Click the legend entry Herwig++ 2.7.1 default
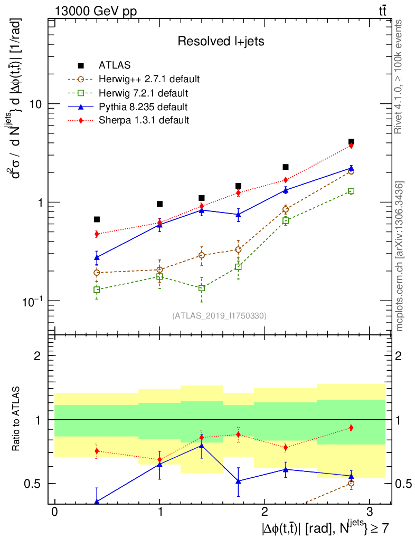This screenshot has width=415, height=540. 149,80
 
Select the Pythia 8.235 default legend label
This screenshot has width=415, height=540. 143,107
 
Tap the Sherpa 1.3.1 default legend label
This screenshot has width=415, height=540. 144,120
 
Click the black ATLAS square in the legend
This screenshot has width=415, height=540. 81,66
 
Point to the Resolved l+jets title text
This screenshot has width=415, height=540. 221,41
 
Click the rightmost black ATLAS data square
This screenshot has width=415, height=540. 351,142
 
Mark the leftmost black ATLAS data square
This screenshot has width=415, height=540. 97,219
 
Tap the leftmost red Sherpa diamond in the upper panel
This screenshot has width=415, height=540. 97,234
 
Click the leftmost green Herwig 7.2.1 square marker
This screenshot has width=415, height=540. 97,290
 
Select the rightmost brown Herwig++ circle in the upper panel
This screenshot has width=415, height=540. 351,171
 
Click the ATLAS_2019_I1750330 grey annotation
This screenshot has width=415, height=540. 219,316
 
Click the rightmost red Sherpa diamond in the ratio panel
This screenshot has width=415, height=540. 351,428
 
